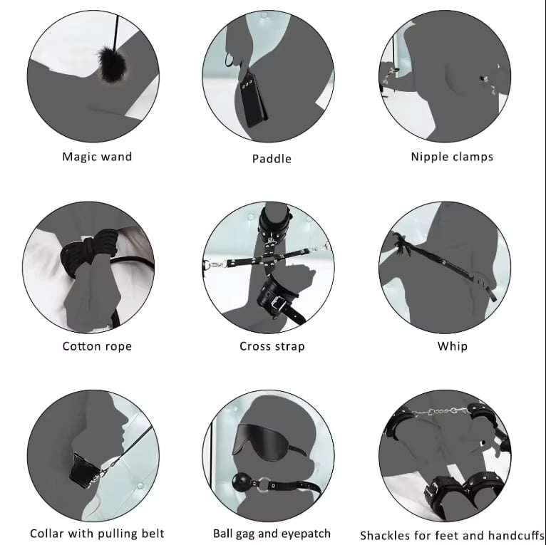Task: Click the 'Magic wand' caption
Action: pos(97,157)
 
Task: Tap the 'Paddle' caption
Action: pos(272,159)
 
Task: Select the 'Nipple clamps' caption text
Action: pos(452,157)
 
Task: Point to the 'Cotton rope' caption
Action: pos(97,346)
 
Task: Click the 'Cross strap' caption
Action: pos(272,346)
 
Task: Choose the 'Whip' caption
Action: pos(453,346)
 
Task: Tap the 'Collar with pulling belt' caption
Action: pos(97,534)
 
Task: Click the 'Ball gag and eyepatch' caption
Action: pos(272,534)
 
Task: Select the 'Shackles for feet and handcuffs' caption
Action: pos(452,535)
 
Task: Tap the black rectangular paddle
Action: pos(253,98)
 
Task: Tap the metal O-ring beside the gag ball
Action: pos(258,484)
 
